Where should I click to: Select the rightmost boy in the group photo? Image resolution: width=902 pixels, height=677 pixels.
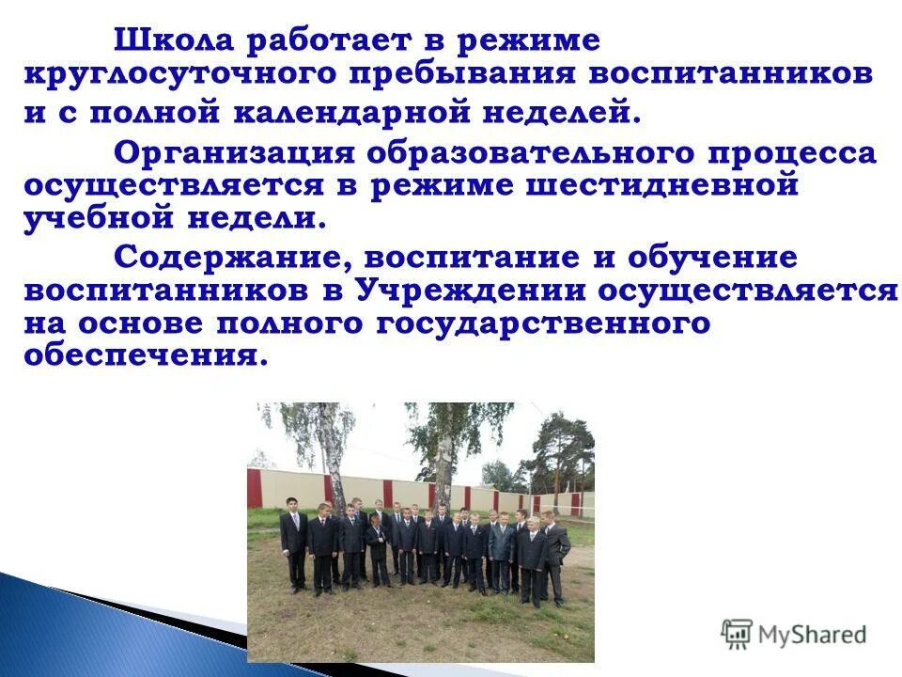(554, 560)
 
